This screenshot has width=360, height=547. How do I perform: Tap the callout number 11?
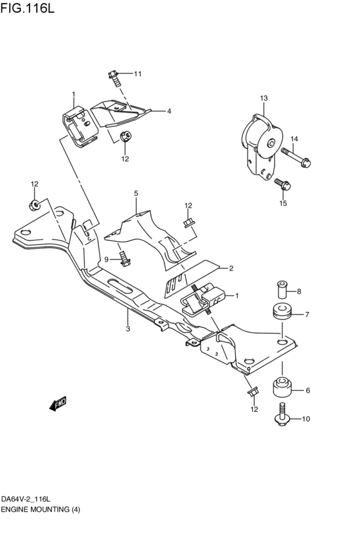point(137,74)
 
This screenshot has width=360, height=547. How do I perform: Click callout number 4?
point(169,111)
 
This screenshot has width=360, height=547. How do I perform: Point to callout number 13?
point(263,98)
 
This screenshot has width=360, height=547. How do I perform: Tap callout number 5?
point(136,193)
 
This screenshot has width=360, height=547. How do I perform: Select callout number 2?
point(230,268)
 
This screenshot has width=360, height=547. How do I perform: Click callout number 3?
point(128,328)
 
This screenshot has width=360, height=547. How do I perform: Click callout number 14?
point(294,139)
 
